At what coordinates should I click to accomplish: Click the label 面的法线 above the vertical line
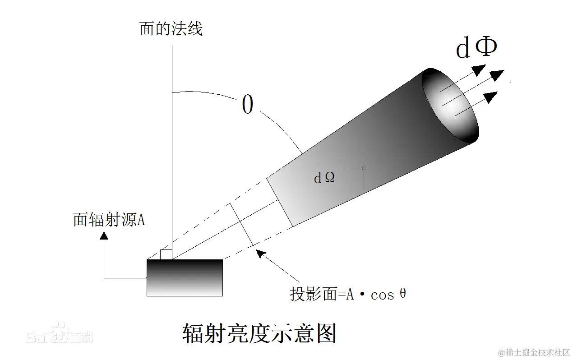(171, 29)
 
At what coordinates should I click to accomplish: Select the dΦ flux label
(476, 48)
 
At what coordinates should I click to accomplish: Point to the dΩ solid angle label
(324, 178)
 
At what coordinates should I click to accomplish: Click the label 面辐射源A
(109, 220)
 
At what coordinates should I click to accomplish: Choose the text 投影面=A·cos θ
(347, 294)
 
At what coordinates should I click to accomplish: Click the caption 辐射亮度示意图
(259, 333)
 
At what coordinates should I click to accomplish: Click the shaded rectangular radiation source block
(185, 277)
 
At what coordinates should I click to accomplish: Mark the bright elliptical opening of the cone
(449, 105)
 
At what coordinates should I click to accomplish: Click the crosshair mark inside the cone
(364, 168)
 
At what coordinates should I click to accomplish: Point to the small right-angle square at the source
(166, 254)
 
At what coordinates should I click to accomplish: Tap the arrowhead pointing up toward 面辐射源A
(104, 235)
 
